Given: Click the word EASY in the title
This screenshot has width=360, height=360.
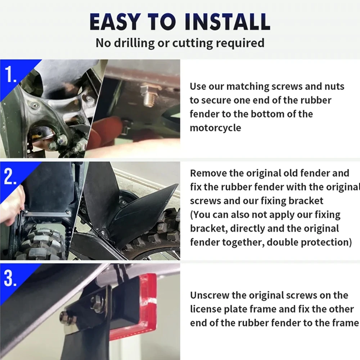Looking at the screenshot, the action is click(115, 22).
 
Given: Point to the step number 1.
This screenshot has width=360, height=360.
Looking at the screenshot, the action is click(10, 74).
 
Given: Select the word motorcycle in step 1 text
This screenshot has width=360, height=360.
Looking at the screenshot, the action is click(215, 128).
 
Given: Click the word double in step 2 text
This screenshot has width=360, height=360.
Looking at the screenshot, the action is click(282, 242).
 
